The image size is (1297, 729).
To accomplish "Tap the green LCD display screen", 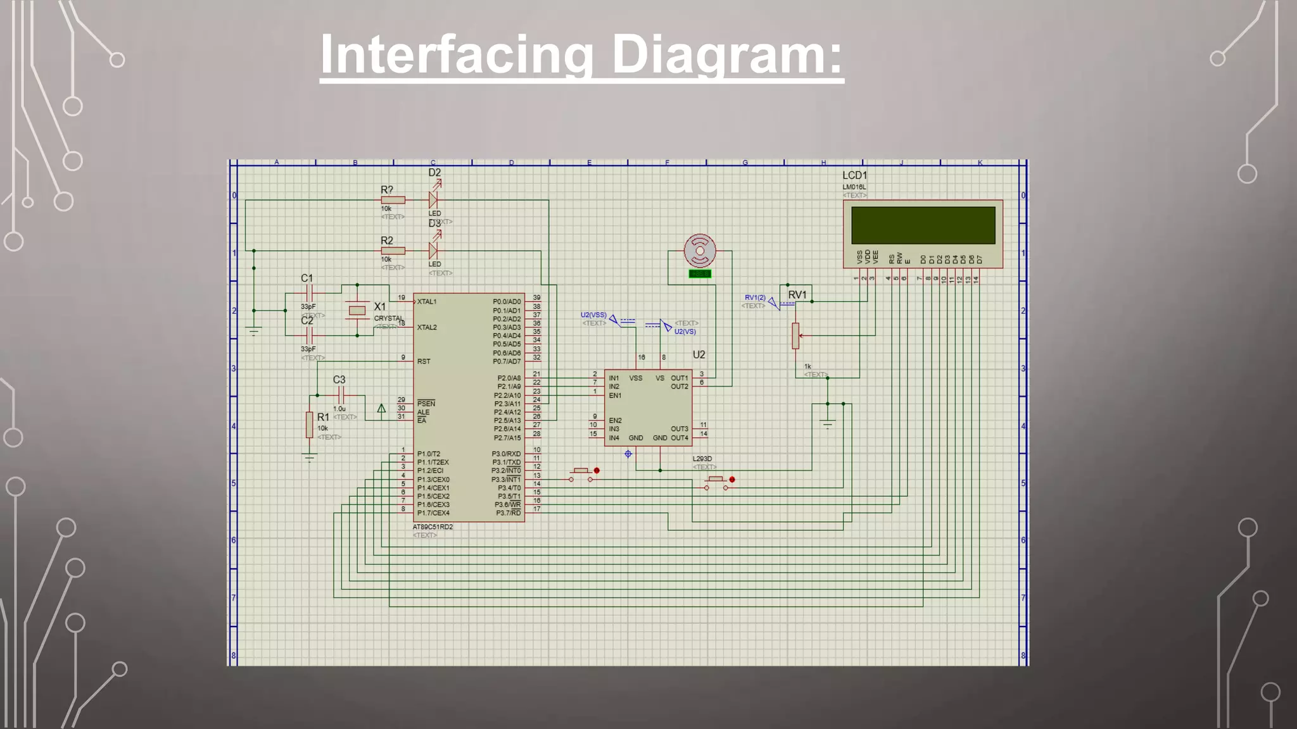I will tap(923, 225).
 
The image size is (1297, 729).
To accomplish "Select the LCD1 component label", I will tap(854, 175).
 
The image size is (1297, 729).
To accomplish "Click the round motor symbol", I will tap(700, 251).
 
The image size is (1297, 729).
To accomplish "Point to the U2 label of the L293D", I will tap(699, 354).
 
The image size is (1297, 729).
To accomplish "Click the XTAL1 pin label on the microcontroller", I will tap(427, 302).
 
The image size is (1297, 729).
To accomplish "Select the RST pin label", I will tap(424, 361).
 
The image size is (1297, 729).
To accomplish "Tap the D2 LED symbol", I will tap(434, 199).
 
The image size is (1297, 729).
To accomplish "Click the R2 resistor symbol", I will tap(393, 251).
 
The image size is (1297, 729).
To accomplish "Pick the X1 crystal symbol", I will tap(357, 310).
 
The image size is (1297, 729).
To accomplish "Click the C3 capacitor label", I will tap(339, 380).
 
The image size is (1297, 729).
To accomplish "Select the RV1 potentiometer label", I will tap(797, 295).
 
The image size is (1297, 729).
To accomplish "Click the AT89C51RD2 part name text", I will tap(433, 526).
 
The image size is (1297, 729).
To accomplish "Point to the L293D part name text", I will tap(702, 459).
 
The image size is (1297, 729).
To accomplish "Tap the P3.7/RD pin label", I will tap(508, 513).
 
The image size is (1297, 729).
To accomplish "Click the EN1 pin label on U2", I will tap(615, 396).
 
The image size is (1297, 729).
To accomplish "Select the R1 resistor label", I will tap(323, 417).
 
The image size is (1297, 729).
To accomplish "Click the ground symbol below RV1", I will tap(827, 423).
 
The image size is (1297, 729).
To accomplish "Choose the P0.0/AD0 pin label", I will tap(507, 302).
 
